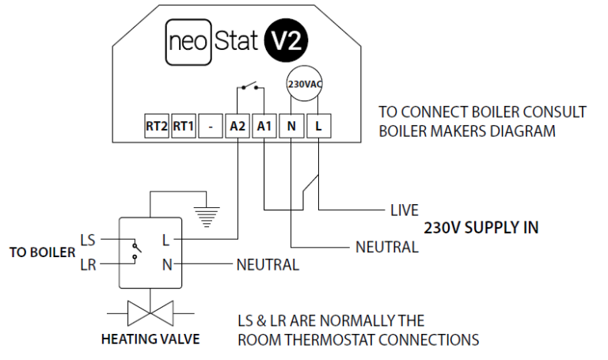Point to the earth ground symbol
click(207, 211)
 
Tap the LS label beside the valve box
click(88, 239)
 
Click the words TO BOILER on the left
click(41, 252)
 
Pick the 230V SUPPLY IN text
click(481, 228)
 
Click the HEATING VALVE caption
click(150, 340)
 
